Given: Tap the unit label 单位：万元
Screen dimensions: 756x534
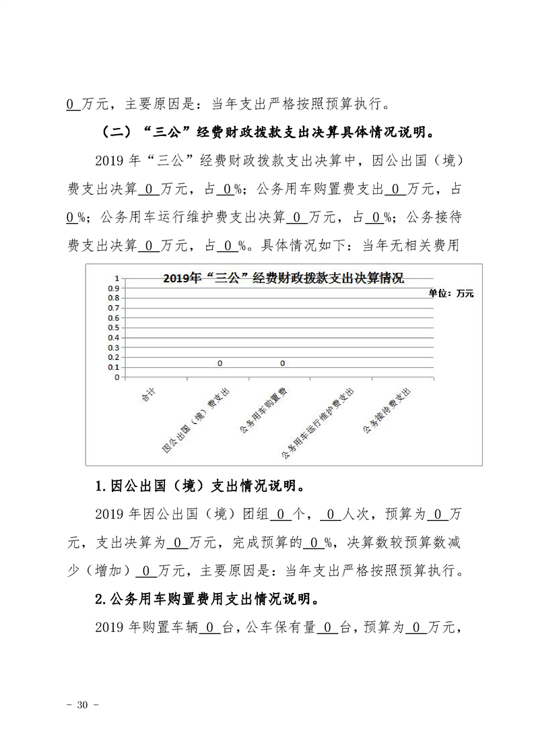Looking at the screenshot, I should (x=450, y=293).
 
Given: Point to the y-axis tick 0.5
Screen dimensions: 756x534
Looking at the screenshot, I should (x=113, y=327).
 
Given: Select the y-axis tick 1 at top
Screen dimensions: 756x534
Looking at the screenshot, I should (x=116, y=278).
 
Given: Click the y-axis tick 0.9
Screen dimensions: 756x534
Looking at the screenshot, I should (x=113, y=288).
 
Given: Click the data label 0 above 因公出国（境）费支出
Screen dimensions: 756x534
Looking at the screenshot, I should (x=220, y=363).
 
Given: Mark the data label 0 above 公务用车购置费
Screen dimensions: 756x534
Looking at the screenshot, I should (x=283, y=363).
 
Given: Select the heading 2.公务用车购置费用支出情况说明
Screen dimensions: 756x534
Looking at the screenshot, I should (x=207, y=598).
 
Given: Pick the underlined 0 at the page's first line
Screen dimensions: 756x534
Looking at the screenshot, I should (x=71, y=104).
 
